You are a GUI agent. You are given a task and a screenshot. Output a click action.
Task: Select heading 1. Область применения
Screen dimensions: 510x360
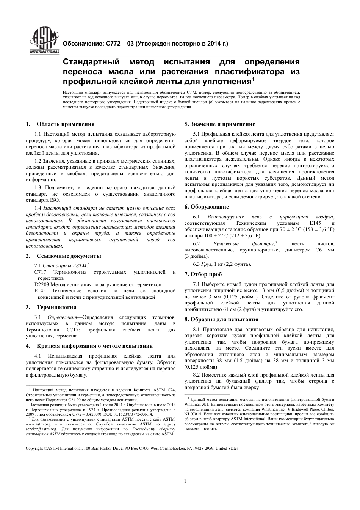tap(60, 124)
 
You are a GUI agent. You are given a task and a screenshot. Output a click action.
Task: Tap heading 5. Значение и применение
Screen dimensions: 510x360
tap(220, 124)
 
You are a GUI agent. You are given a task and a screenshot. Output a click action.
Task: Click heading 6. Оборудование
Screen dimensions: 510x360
tap(207, 207)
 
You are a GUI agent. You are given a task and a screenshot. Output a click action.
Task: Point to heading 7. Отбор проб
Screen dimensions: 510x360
tap(203, 274)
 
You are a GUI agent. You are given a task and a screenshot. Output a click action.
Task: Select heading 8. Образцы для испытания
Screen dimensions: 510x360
tap(221, 319)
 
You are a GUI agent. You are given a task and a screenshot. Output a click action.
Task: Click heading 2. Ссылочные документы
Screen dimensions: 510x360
tap(63, 256)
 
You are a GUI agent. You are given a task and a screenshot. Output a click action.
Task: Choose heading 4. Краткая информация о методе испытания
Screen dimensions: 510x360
tap(89, 346)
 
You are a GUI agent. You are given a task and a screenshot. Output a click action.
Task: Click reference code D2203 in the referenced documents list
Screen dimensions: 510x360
tap(42, 284)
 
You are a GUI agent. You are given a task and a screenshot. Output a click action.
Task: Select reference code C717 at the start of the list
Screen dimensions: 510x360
tap(40, 272)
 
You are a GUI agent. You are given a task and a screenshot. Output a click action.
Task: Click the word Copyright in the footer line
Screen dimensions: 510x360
tap(34, 448)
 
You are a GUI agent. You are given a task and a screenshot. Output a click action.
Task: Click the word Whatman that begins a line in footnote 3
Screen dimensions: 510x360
tap(193, 404)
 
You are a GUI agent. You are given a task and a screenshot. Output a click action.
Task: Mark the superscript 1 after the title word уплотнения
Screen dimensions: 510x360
tap(253, 79)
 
